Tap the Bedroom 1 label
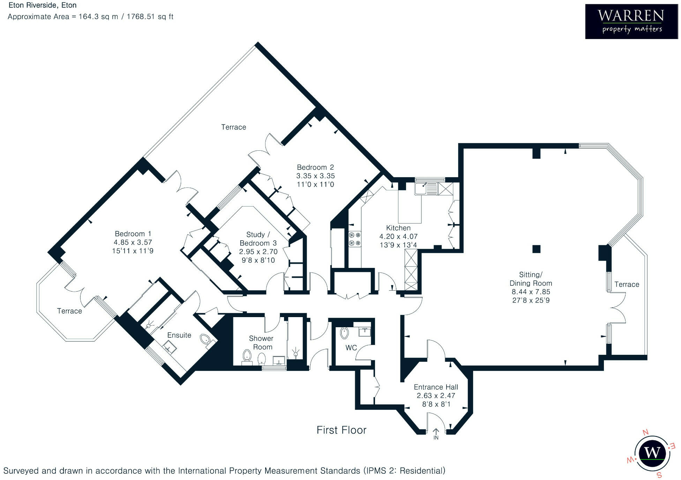coord(133,234)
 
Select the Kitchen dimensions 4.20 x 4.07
coord(398,237)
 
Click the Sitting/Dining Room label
coord(531,279)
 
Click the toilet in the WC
coord(344,333)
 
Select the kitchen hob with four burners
coord(354,239)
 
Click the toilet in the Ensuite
coord(205,339)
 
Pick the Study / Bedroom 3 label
coord(258,239)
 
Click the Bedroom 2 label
coord(315,167)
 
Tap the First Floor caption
coord(341,430)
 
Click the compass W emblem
coord(652,453)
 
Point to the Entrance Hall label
coord(436,387)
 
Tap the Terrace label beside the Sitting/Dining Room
coord(627,284)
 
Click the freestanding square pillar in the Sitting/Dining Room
coord(536,249)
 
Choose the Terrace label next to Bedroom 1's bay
coord(69,311)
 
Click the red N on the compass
coord(645,432)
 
